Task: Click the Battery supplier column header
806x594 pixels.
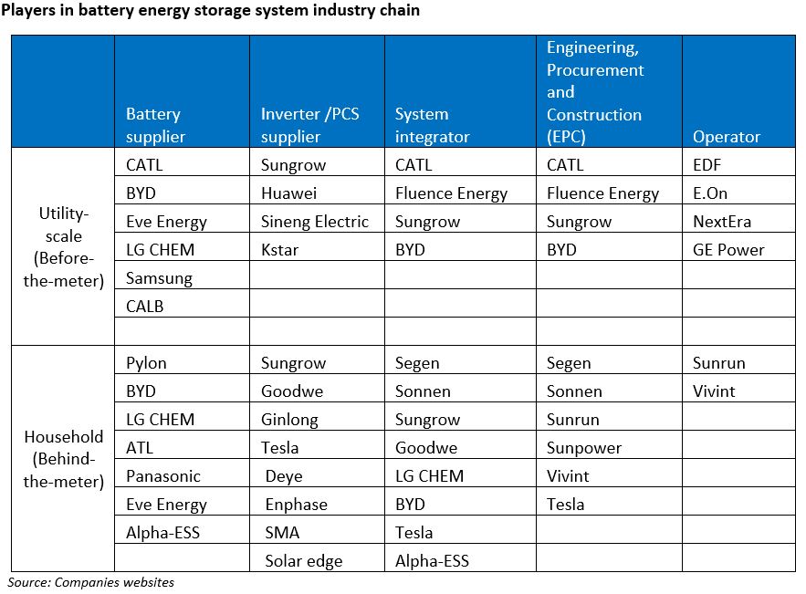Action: pyautogui.click(x=155, y=125)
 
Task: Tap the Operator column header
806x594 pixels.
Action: pyautogui.click(x=726, y=137)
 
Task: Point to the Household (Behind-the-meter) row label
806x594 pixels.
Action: pyautogui.click(x=62, y=459)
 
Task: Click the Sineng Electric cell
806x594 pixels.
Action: pyautogui.click(x=314, y=222)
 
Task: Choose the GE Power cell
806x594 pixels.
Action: pyautogui.click(x=728, y=250)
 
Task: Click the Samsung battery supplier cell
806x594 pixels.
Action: pyautogui.click(x=159, y=278)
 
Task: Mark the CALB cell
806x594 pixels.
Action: pyautogui.click(x=145, y=307)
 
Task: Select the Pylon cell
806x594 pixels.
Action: pyautogui.click(x=146, y=363)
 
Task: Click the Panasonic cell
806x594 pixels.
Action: pyautogui.click(x=163, y=476)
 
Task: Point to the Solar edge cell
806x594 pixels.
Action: pyautogui.click(x=304, y=561)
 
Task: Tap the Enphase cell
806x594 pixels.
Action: pyautogui.click(x=296, y=505)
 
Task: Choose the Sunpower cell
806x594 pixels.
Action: pyautogui.click(x=583, y=448)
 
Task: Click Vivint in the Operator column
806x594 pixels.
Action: pyautogui.click(x=714, y=391)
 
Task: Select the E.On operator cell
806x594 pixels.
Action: pyautogui.click(x=710, y=193)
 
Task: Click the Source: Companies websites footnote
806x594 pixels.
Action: pyautogui.click(x=91, y=582)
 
